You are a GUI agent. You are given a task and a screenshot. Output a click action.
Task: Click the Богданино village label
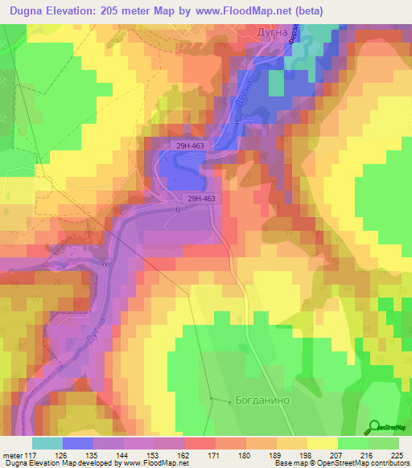[x=261, y=400]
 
